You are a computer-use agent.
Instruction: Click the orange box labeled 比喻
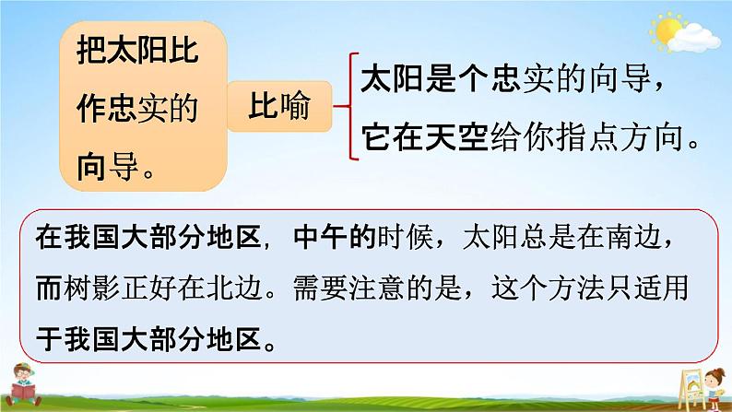pyautogui.click(x=279, y=106)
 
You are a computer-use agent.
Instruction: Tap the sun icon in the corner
pyautogui.click(x=667, y=29)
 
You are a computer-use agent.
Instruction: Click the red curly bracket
pyautogui.click(x=347, y=106)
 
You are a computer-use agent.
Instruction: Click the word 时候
pyautogui.click(x=406, y=237)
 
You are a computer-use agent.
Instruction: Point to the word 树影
pyautogui.click(x=92, y=288)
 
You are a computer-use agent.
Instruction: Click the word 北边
pyautogui.click(x=235, y=288)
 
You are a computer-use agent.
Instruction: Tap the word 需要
pyautogui.click(x=321, y=288)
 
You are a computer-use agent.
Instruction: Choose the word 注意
pyautogui.click(x=378, y=288)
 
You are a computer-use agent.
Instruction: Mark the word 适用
pyautogui.click(x=662, y=288)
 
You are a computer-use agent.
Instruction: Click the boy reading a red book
pyautogui.click(x=23, y=384)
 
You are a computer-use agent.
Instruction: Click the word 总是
pyautogui.click(x=549, y=237)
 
